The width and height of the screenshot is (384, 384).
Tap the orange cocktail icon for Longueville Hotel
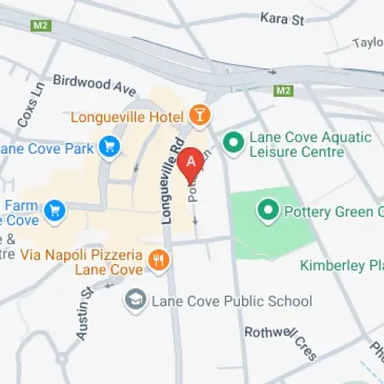click(199, 116)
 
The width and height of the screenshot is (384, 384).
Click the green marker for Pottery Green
click(268, 208)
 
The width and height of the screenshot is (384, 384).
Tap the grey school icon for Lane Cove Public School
click(136, 300)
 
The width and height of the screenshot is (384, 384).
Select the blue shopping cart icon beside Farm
click(54, 209)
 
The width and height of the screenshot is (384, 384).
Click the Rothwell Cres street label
click(280, 342)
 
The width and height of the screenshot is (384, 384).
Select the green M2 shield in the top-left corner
click(41, 25)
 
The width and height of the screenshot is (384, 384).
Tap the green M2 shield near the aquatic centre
click(284, 91)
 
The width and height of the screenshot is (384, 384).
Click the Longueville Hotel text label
click(127, 117)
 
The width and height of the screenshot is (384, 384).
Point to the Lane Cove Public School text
click(221, 301)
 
